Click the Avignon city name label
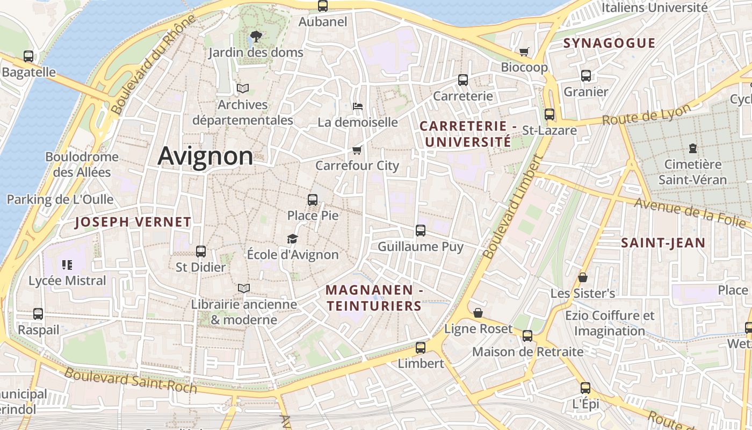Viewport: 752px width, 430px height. pyautogui.click(x=205, y=156)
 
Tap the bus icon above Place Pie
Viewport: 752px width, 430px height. pyautogui.click(x=313, y=200)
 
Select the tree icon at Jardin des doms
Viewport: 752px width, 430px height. pyautogui.click(x=256, y=37)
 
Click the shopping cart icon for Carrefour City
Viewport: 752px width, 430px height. pyautogui.click(x=357, y=149)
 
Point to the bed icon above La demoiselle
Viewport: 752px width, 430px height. pyautogui.click(x=358, y=106)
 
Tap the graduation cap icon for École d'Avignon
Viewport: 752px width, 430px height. pyautogui.click(x=292, y=239)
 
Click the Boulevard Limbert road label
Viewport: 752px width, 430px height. pyautogui.click(x=514, y=207)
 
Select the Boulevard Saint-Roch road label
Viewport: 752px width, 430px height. pyautogui.click(x=131, y=380)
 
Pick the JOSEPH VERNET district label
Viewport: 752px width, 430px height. pyautogui.click(x=133, y=222)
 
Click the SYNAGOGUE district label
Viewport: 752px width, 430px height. pyautogui.click(x=609, y=43)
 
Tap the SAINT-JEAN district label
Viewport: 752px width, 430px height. pyautogui.click(x=663, y=243)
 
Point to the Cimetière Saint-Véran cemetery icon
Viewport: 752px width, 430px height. pyautogui.click(x=692, y=148)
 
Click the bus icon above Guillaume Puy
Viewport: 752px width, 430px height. pyautogui.click(x=421, y=231)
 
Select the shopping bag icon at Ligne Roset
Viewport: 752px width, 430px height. pyautogui.click(x=478, y=313)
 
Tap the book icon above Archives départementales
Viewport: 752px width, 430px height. pyautogui.click(x=243, y=88)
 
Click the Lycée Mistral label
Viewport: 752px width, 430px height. pyautogui.click(x=67, y=281)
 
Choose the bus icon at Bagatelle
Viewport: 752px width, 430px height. pyautogui.click(x=28, y=56)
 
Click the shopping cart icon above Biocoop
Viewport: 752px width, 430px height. pyautogui.click(x=524, y=52)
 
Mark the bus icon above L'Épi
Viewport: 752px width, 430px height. pyautogui.click(x=585, y=388)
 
